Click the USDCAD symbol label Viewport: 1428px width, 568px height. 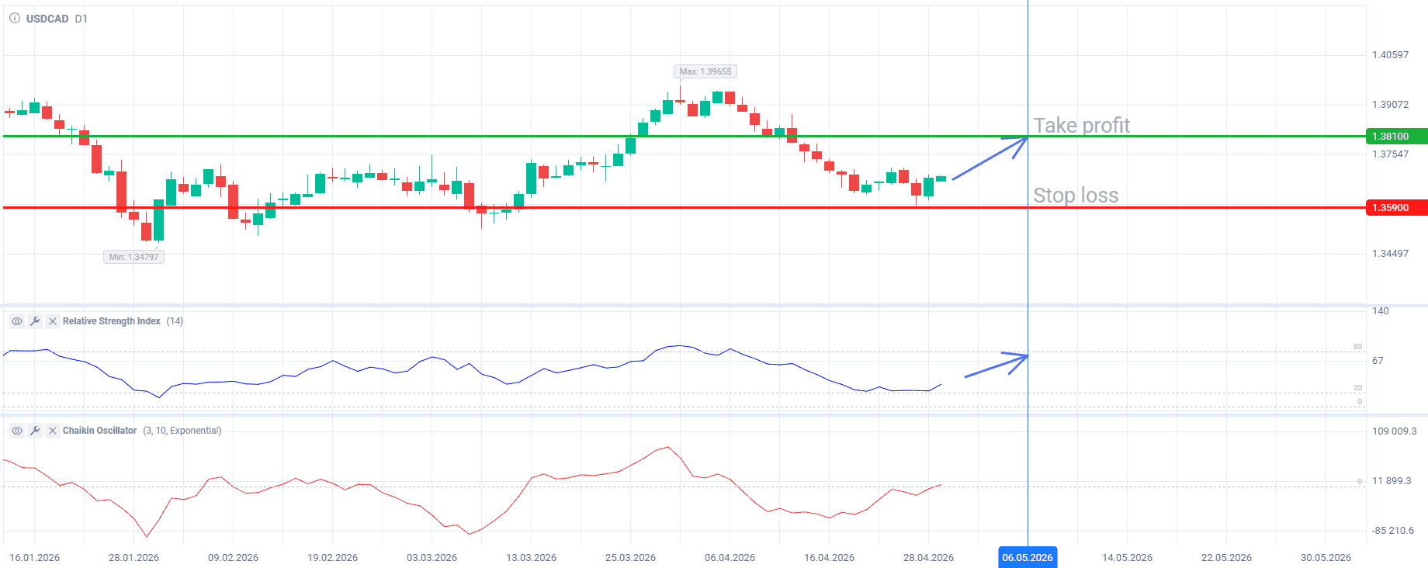47,19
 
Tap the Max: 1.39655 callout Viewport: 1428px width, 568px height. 705,71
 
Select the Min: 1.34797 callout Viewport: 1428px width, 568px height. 133,257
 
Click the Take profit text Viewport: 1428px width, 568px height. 1081,125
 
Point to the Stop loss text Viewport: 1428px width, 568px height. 1076,195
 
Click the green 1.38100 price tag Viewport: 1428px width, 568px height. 1396,137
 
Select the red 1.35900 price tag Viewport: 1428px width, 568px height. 1396,208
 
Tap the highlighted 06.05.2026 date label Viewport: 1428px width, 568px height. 1028,557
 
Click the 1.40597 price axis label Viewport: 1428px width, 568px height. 1390,55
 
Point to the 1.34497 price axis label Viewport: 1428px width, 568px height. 1390,254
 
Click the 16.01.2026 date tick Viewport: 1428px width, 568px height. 34,558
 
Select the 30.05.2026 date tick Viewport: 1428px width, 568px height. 1326,558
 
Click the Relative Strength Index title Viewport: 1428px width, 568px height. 112,321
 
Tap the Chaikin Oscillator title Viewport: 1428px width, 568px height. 99,431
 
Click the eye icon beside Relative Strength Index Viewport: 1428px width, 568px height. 16,321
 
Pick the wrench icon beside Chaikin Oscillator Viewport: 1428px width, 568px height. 35,431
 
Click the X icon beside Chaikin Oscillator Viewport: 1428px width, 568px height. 53,431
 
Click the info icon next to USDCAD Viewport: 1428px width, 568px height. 15,18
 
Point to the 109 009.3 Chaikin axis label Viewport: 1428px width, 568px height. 1394,431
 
